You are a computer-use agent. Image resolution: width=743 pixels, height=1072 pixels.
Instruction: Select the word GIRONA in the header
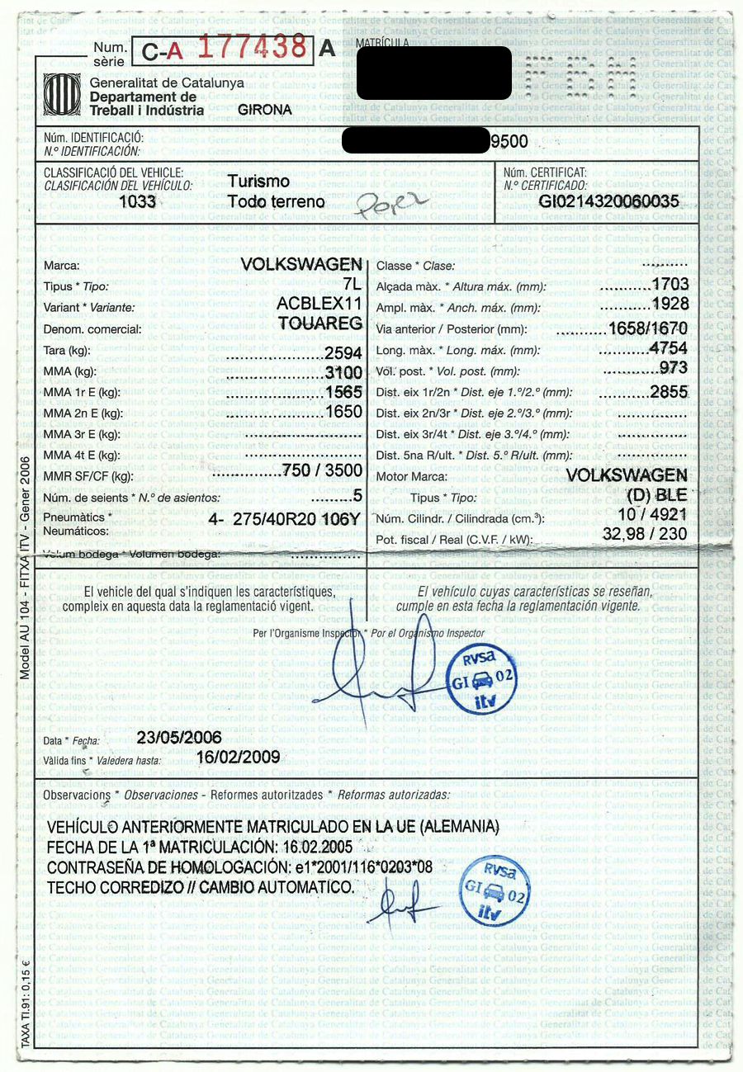(x=264, y=110)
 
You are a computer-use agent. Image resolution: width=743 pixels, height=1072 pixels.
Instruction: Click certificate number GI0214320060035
(x=609, y=201)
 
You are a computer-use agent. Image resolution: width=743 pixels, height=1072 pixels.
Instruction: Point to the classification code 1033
(x=137, y=201)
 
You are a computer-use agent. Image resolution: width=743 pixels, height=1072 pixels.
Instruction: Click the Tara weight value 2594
(x=343, y=352)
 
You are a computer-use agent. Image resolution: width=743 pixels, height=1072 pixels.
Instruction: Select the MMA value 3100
(x=343, y=373)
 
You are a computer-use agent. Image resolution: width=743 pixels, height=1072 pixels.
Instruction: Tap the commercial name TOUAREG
(x=321, y=323)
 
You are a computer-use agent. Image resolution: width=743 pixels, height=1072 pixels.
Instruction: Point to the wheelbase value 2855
(x=669, y=392)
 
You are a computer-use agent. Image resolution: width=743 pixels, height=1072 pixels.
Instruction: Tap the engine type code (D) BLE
(x=657, y=496)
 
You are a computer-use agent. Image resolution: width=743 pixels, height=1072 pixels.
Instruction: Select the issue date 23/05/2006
(x=179, y=737)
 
